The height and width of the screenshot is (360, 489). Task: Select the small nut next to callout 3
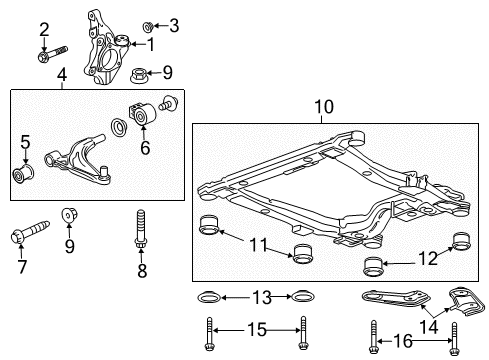coord(149,23)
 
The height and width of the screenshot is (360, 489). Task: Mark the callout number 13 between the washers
coord(262,297)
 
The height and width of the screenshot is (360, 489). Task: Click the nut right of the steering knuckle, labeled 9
coord(142,72)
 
